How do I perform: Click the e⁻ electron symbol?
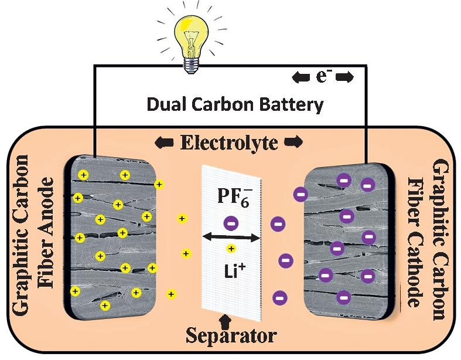322,77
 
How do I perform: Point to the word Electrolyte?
229,142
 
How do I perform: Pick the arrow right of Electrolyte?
293,142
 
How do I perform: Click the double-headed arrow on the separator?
231,237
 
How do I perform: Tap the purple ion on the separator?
231,223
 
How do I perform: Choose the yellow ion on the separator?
231,249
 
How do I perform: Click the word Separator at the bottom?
231,336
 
